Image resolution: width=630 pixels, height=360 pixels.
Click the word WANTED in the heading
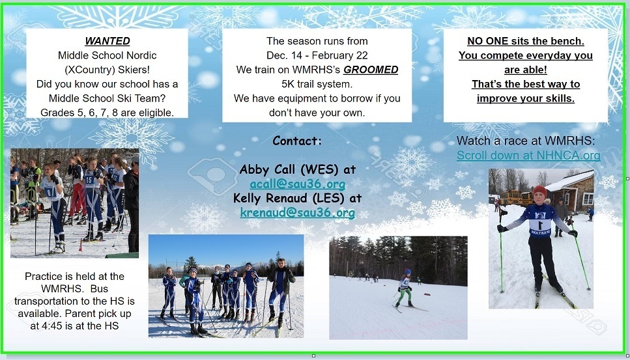coord(107,41)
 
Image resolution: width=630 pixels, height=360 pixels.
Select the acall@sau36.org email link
coord(297,184)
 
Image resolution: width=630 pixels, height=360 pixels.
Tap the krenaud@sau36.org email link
coord(297,212)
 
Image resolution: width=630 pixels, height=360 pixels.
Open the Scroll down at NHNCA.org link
coord(528,156)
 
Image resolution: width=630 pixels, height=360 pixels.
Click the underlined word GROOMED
coord(371,70)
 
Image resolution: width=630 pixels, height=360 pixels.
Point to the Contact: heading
coord(297,141)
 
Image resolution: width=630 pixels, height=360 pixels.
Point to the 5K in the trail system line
coord(288,84)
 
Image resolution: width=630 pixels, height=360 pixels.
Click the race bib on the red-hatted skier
coord(540,224)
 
